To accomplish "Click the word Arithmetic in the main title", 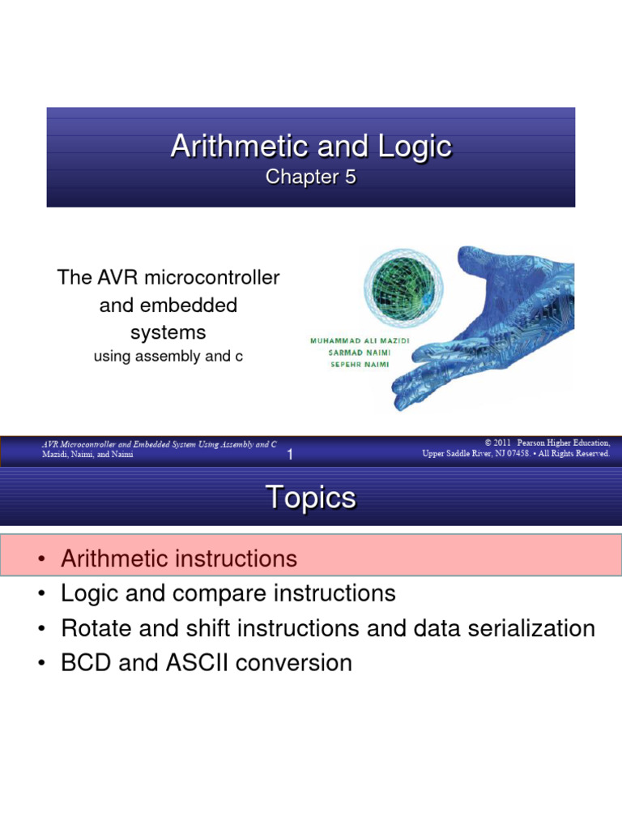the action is (240, 146).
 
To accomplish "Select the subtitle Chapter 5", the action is (311, 178).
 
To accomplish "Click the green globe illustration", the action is (403, 286).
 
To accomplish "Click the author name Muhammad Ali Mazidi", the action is (360, 341).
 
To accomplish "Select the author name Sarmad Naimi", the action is (360, 353).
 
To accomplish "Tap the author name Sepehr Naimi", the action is (360, 364).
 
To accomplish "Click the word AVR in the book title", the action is (117, 277).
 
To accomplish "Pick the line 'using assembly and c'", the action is (168, 357).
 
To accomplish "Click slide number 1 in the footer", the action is (290, 454).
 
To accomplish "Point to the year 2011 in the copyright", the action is (502, 443).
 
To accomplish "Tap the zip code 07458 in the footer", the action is (518, 454).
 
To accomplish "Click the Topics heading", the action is (311, 498).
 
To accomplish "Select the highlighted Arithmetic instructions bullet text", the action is (179, 559).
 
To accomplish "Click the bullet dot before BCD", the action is (41, 664).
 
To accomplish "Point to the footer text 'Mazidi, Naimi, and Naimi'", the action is (87, 454).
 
